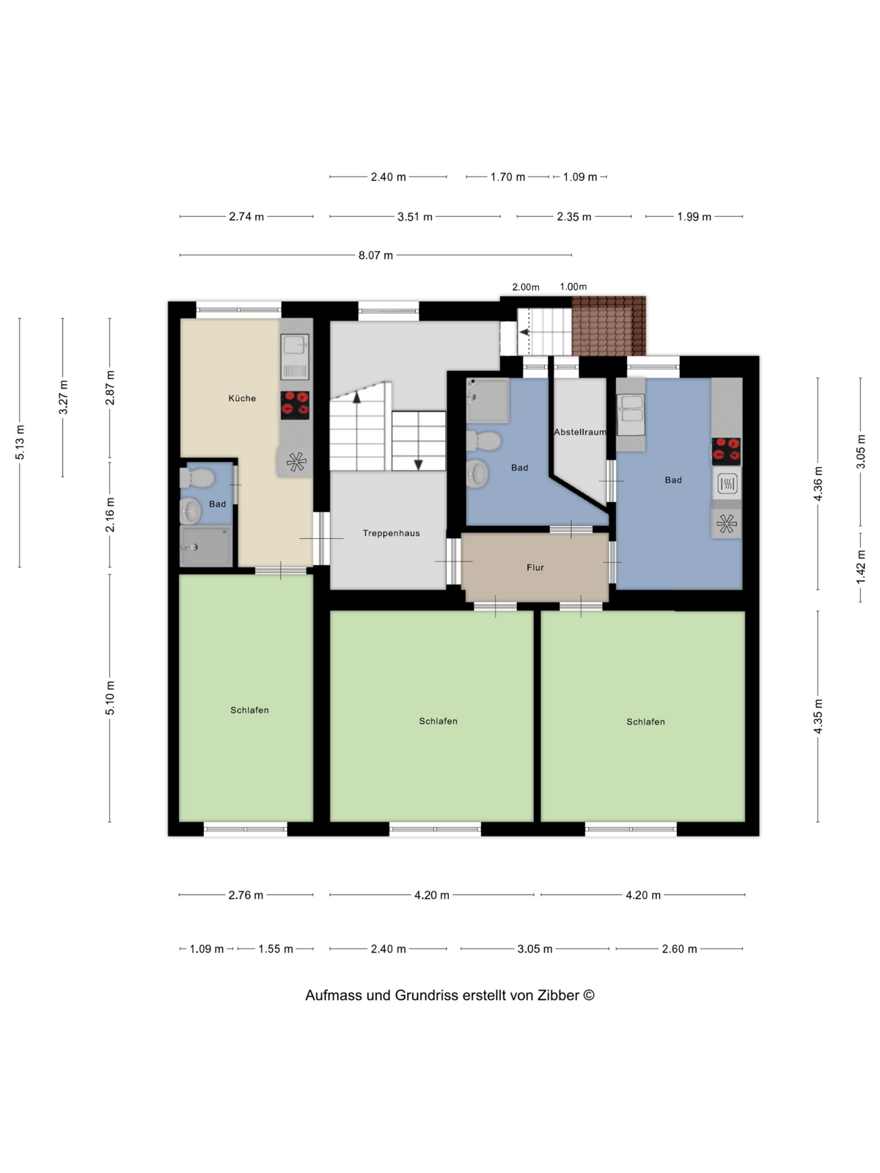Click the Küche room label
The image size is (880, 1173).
coord(242,398)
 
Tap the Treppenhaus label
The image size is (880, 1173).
coord(391,533)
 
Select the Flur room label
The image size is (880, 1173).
coord(535,567)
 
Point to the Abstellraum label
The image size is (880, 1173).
coord(580,432)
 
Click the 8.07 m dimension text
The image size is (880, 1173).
coord(375,255)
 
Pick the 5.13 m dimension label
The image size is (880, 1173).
coord(20,443)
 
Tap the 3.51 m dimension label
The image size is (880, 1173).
coord(414,217)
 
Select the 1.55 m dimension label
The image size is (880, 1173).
coord(276,949)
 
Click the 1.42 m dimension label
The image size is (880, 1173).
coord(861,567)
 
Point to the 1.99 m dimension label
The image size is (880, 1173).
coord(694,217)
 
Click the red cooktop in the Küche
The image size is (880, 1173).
coord(295,405)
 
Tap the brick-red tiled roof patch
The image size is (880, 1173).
coord(609,326)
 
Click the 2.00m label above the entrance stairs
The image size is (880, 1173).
coord(526,287)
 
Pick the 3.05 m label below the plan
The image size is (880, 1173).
coord(535,949)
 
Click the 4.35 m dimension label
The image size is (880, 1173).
coord(818,716)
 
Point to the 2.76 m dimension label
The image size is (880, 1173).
coord(246,895)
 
